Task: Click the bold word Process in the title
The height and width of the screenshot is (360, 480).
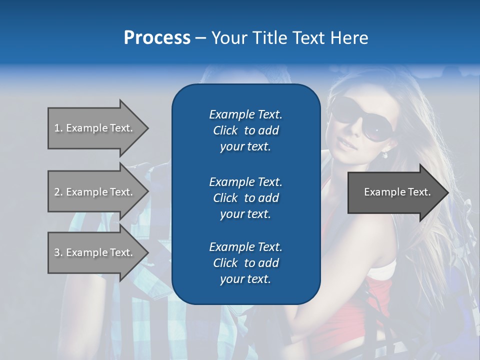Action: click(157, 38)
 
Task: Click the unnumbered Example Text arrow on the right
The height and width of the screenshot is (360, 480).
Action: click(397, 192)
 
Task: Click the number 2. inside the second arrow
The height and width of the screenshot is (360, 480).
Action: click(58, 192)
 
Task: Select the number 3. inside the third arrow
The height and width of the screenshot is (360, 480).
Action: click(58, 252)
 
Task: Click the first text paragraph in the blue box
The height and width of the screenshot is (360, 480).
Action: click(245, 130)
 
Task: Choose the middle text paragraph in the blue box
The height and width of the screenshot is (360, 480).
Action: click(245, 198)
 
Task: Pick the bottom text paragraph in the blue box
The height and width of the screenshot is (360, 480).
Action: click(245, 263)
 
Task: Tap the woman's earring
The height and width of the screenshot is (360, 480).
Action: click(384, 154)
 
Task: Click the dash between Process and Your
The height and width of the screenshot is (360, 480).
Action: click(201, 38)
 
